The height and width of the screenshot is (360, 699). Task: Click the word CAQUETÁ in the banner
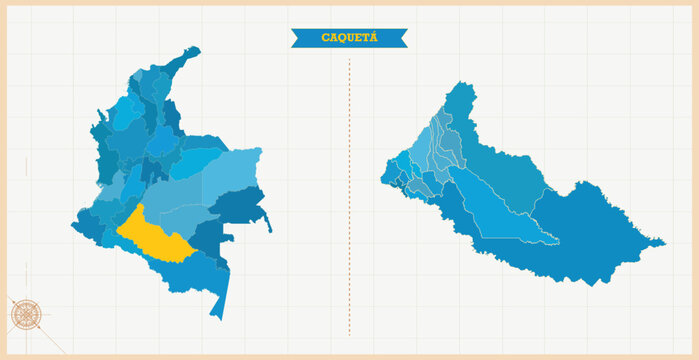tap(348, 38)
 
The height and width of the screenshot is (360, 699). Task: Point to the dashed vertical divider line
tap(349, 200)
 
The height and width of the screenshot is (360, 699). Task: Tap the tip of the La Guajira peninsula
tap(195, 49)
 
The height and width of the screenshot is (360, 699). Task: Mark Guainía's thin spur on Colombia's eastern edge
tap(265, 218)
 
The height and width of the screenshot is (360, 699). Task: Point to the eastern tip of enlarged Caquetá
tap(663, 242)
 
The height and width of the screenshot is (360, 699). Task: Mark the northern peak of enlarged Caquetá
tap(463, 85)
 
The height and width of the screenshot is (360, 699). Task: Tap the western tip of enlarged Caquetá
tap(381, 181)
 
